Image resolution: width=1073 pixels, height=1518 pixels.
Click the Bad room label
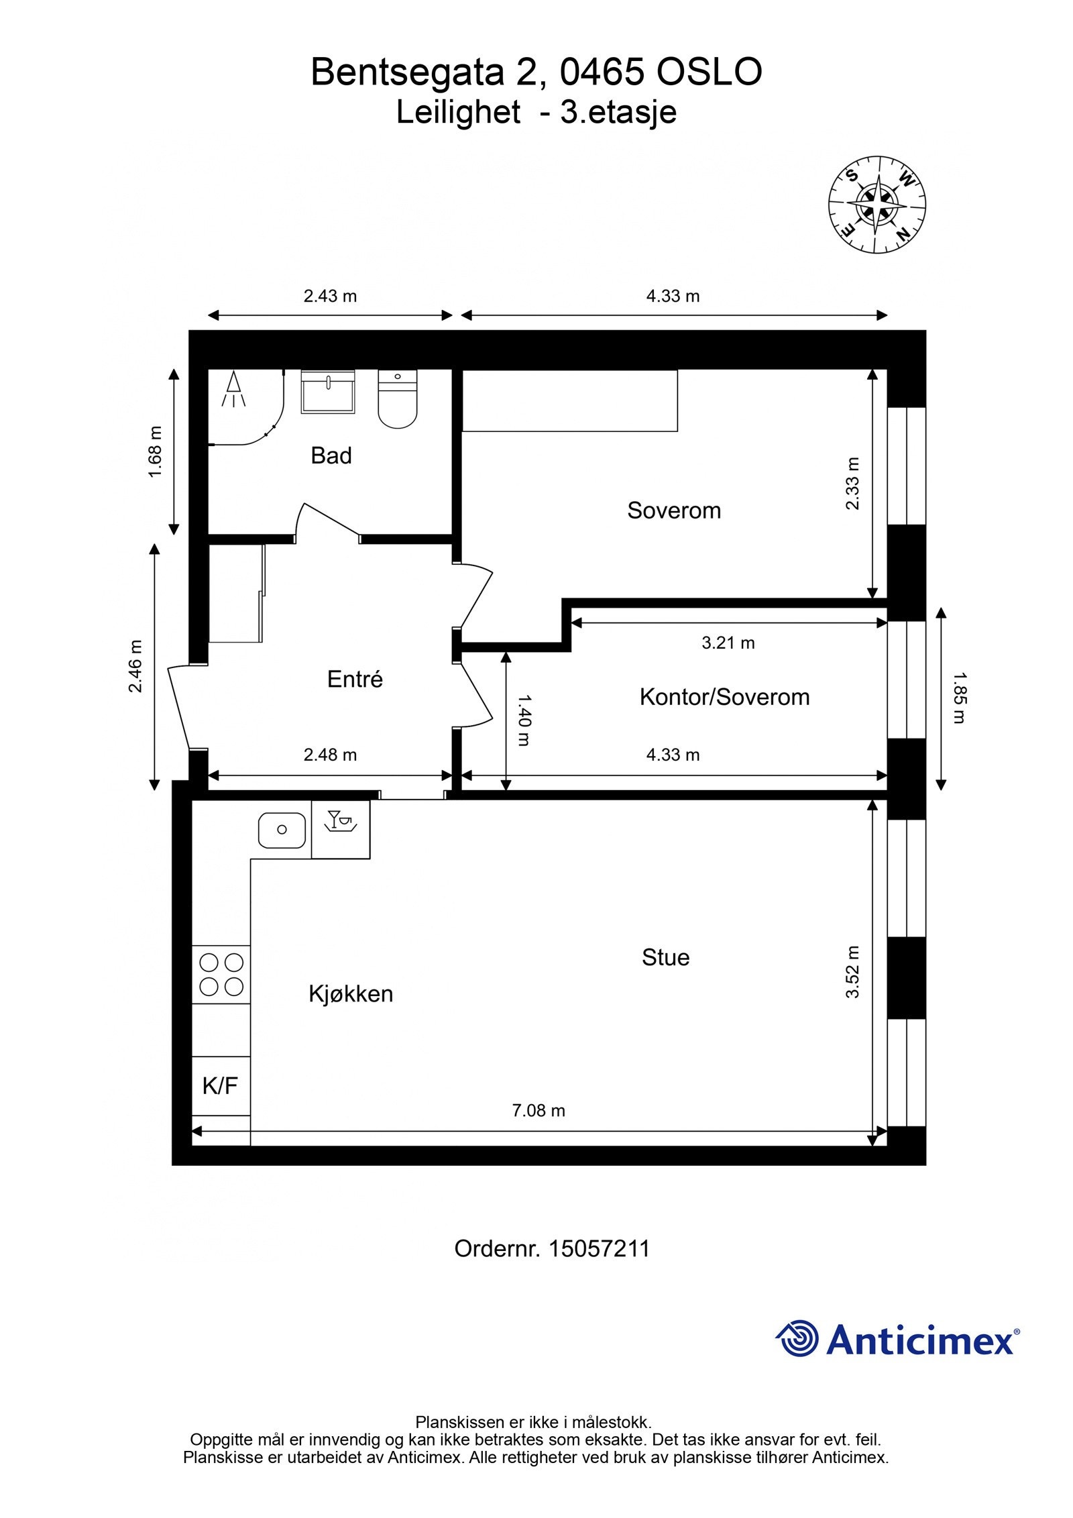(x=331, y=456)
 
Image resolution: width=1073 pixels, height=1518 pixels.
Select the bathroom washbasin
(x=327, y=392)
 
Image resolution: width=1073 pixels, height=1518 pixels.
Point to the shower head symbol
(x=233, y=389)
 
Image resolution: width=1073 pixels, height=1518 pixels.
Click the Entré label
(x=355, y=680)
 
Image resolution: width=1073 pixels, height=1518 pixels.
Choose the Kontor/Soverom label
(x=724, y=697)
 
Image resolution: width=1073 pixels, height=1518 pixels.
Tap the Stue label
(x=665, y=957)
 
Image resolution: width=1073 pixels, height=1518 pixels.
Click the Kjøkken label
(x=351, y=993)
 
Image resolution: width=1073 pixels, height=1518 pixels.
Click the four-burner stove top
(x=221, y=975)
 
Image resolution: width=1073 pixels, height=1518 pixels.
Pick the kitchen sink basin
(x=282, y=830)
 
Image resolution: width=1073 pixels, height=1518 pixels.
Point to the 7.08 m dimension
(x=539, y=1110)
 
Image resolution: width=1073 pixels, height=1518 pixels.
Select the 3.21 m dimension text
(x=728, y=643)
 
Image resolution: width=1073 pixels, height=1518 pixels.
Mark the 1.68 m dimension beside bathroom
(x=155, y=452)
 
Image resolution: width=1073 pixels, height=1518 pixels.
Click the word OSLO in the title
(x=708, y=72)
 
